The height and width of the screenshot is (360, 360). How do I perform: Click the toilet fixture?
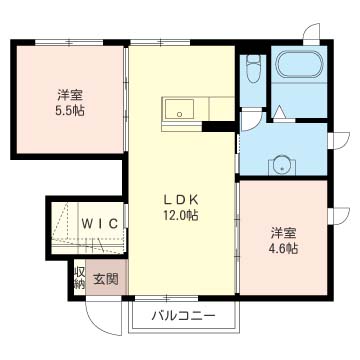(254, 68)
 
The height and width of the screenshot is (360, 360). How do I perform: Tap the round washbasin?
(282, 165)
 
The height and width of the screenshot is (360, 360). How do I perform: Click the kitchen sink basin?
(178, 109)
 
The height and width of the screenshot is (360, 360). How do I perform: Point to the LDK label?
(181, 200)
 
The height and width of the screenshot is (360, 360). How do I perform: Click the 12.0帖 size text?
(180, 215)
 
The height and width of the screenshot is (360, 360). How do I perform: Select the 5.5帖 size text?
(69, 110)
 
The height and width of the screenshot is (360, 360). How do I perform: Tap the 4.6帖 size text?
(284, 248)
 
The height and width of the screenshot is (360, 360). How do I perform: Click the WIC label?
(100, 223)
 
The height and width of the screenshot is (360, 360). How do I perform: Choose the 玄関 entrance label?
(105, 279)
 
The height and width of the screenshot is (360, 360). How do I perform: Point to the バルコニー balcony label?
(183, 315)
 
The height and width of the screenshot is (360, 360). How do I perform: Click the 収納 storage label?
(80, 278)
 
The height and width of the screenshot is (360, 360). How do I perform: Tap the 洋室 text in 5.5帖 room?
(69, 96)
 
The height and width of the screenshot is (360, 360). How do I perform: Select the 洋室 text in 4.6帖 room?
(283, 234)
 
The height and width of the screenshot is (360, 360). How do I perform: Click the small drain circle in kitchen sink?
(179, 114)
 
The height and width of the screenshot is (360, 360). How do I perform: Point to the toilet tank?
(254, 58)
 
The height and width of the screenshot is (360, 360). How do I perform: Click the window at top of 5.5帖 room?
(69, 42)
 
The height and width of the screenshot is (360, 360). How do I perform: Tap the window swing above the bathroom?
(312, 33)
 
